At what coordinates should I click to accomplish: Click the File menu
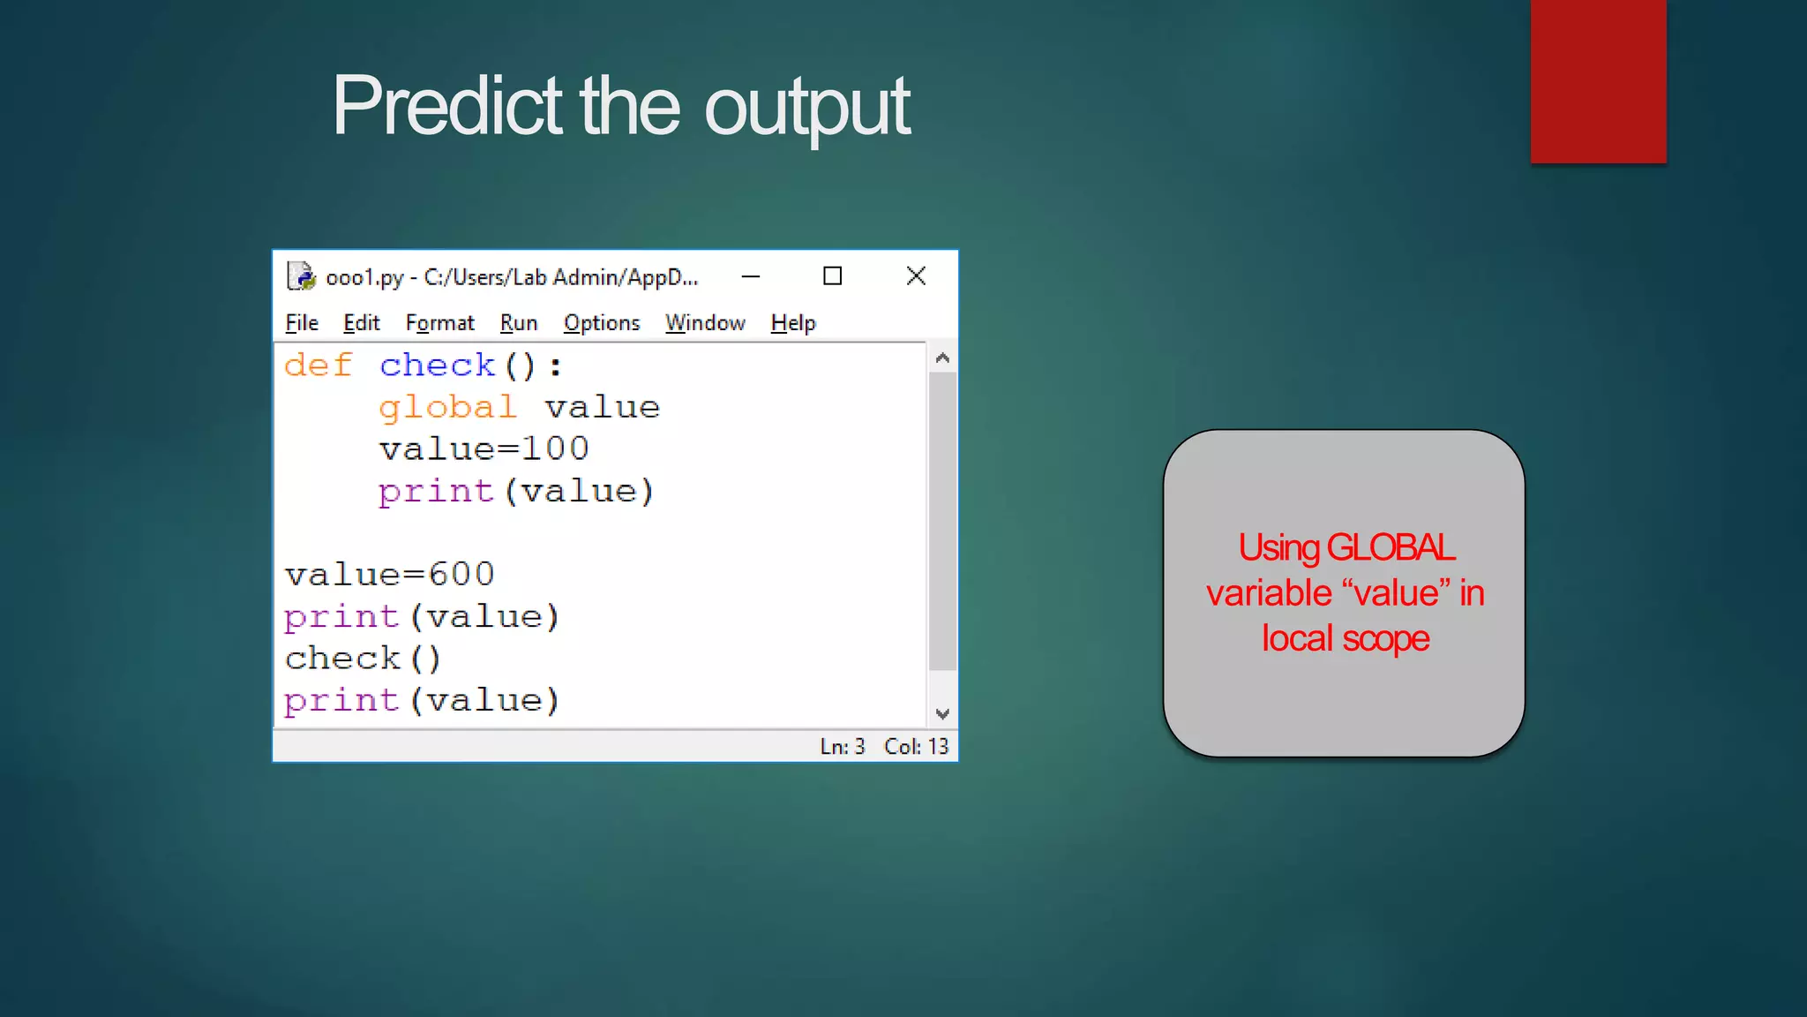302,323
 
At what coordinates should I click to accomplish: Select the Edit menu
361,323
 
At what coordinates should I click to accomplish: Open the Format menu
439,323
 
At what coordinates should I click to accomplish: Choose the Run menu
518,323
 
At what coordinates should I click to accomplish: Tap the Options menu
602,323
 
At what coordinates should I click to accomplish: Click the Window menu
705,323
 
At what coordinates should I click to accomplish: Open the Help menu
792,323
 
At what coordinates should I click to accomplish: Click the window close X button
916,276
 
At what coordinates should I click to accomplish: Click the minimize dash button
751,276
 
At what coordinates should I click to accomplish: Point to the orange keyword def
319,365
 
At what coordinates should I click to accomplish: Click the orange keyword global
447,408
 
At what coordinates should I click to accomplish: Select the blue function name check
438,365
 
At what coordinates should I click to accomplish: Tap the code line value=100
484,449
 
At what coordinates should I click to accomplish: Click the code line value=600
389,575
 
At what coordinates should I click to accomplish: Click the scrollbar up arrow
942,358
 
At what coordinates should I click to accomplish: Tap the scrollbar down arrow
942,713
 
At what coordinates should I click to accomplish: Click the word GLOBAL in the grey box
1390,548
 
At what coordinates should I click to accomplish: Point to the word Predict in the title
446,106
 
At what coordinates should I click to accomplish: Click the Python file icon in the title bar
301,276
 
